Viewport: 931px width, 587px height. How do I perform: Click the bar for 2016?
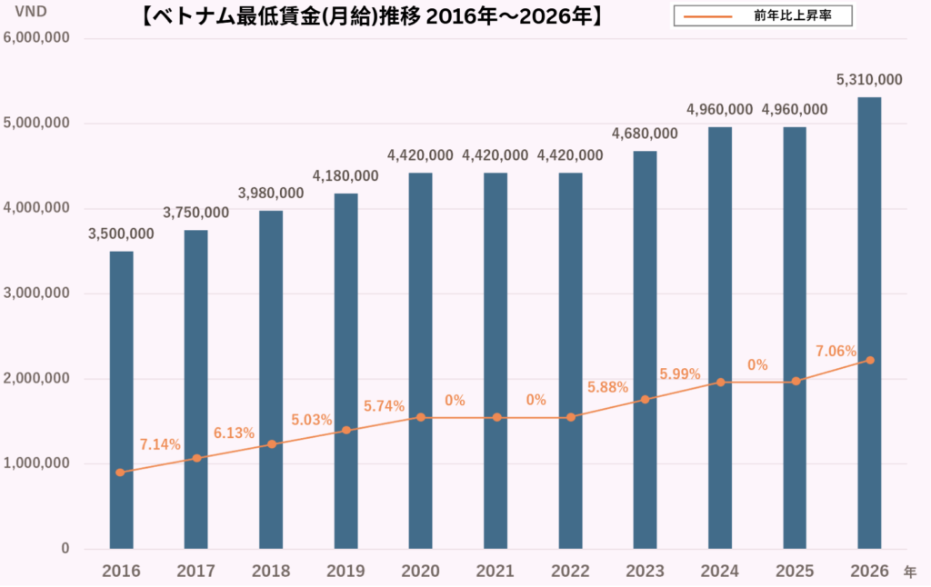121,400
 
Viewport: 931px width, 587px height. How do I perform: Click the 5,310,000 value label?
869,80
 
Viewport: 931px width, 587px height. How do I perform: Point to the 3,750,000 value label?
195,213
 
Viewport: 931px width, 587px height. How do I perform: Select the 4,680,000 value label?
645,134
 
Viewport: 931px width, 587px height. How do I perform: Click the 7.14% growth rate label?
160,444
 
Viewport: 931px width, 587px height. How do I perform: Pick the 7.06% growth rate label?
836,351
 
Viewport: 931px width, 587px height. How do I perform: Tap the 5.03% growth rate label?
312,420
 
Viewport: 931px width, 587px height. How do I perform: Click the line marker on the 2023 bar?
645,400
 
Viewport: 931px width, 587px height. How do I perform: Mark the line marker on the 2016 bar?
121,473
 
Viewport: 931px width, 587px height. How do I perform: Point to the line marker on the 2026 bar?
870,361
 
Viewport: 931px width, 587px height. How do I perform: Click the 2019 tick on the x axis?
345,571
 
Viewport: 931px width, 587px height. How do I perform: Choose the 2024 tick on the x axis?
719,571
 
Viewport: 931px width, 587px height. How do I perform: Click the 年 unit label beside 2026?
910,572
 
